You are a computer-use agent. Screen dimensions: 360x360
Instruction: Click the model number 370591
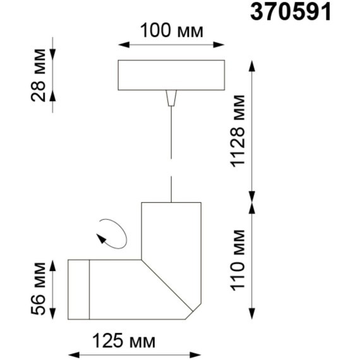pos(292,12)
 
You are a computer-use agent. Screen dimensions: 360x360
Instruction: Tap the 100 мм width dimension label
pos(171,31)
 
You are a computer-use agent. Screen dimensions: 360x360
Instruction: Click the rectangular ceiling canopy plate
pos(171,75)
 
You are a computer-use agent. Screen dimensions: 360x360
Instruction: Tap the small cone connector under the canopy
pos(170,99)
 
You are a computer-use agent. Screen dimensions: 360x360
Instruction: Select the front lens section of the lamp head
pos(78,289)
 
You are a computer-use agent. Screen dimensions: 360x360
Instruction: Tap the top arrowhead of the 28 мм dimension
pos(52,51)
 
